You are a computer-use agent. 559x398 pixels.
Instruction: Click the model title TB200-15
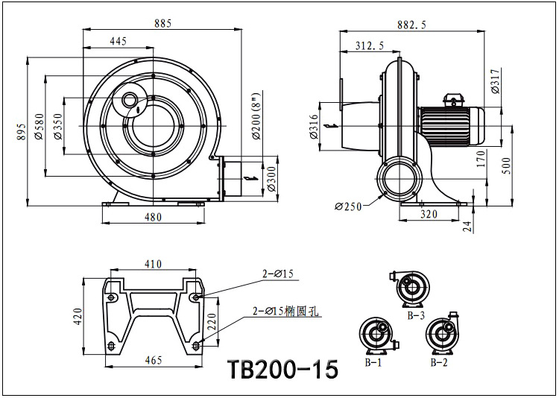[x=282, y=369]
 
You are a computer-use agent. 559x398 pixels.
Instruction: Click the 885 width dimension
[x=162, y=23]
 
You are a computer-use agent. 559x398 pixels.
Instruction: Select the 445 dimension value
[x=118, y=42]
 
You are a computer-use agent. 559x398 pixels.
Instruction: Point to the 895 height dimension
[x=20, y=131]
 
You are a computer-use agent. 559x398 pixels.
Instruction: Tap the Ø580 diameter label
[x=39, y=126]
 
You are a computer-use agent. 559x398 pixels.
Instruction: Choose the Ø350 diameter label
[x=57, y=126]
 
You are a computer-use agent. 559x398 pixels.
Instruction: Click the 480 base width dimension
[x=152, y=217]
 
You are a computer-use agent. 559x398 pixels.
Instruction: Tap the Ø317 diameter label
[x=496, y=80]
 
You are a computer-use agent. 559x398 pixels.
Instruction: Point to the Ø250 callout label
[x=348, y=206]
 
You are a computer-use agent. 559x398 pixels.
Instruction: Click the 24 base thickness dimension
[x=468, y=227]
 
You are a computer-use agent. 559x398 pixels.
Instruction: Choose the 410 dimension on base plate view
[x=154, y=264]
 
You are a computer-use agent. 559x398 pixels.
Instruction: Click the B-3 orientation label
[x=415, y=315]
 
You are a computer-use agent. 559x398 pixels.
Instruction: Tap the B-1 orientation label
[x=373, y=362]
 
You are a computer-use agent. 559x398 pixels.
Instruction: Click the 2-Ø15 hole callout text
[x=277, y=274]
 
